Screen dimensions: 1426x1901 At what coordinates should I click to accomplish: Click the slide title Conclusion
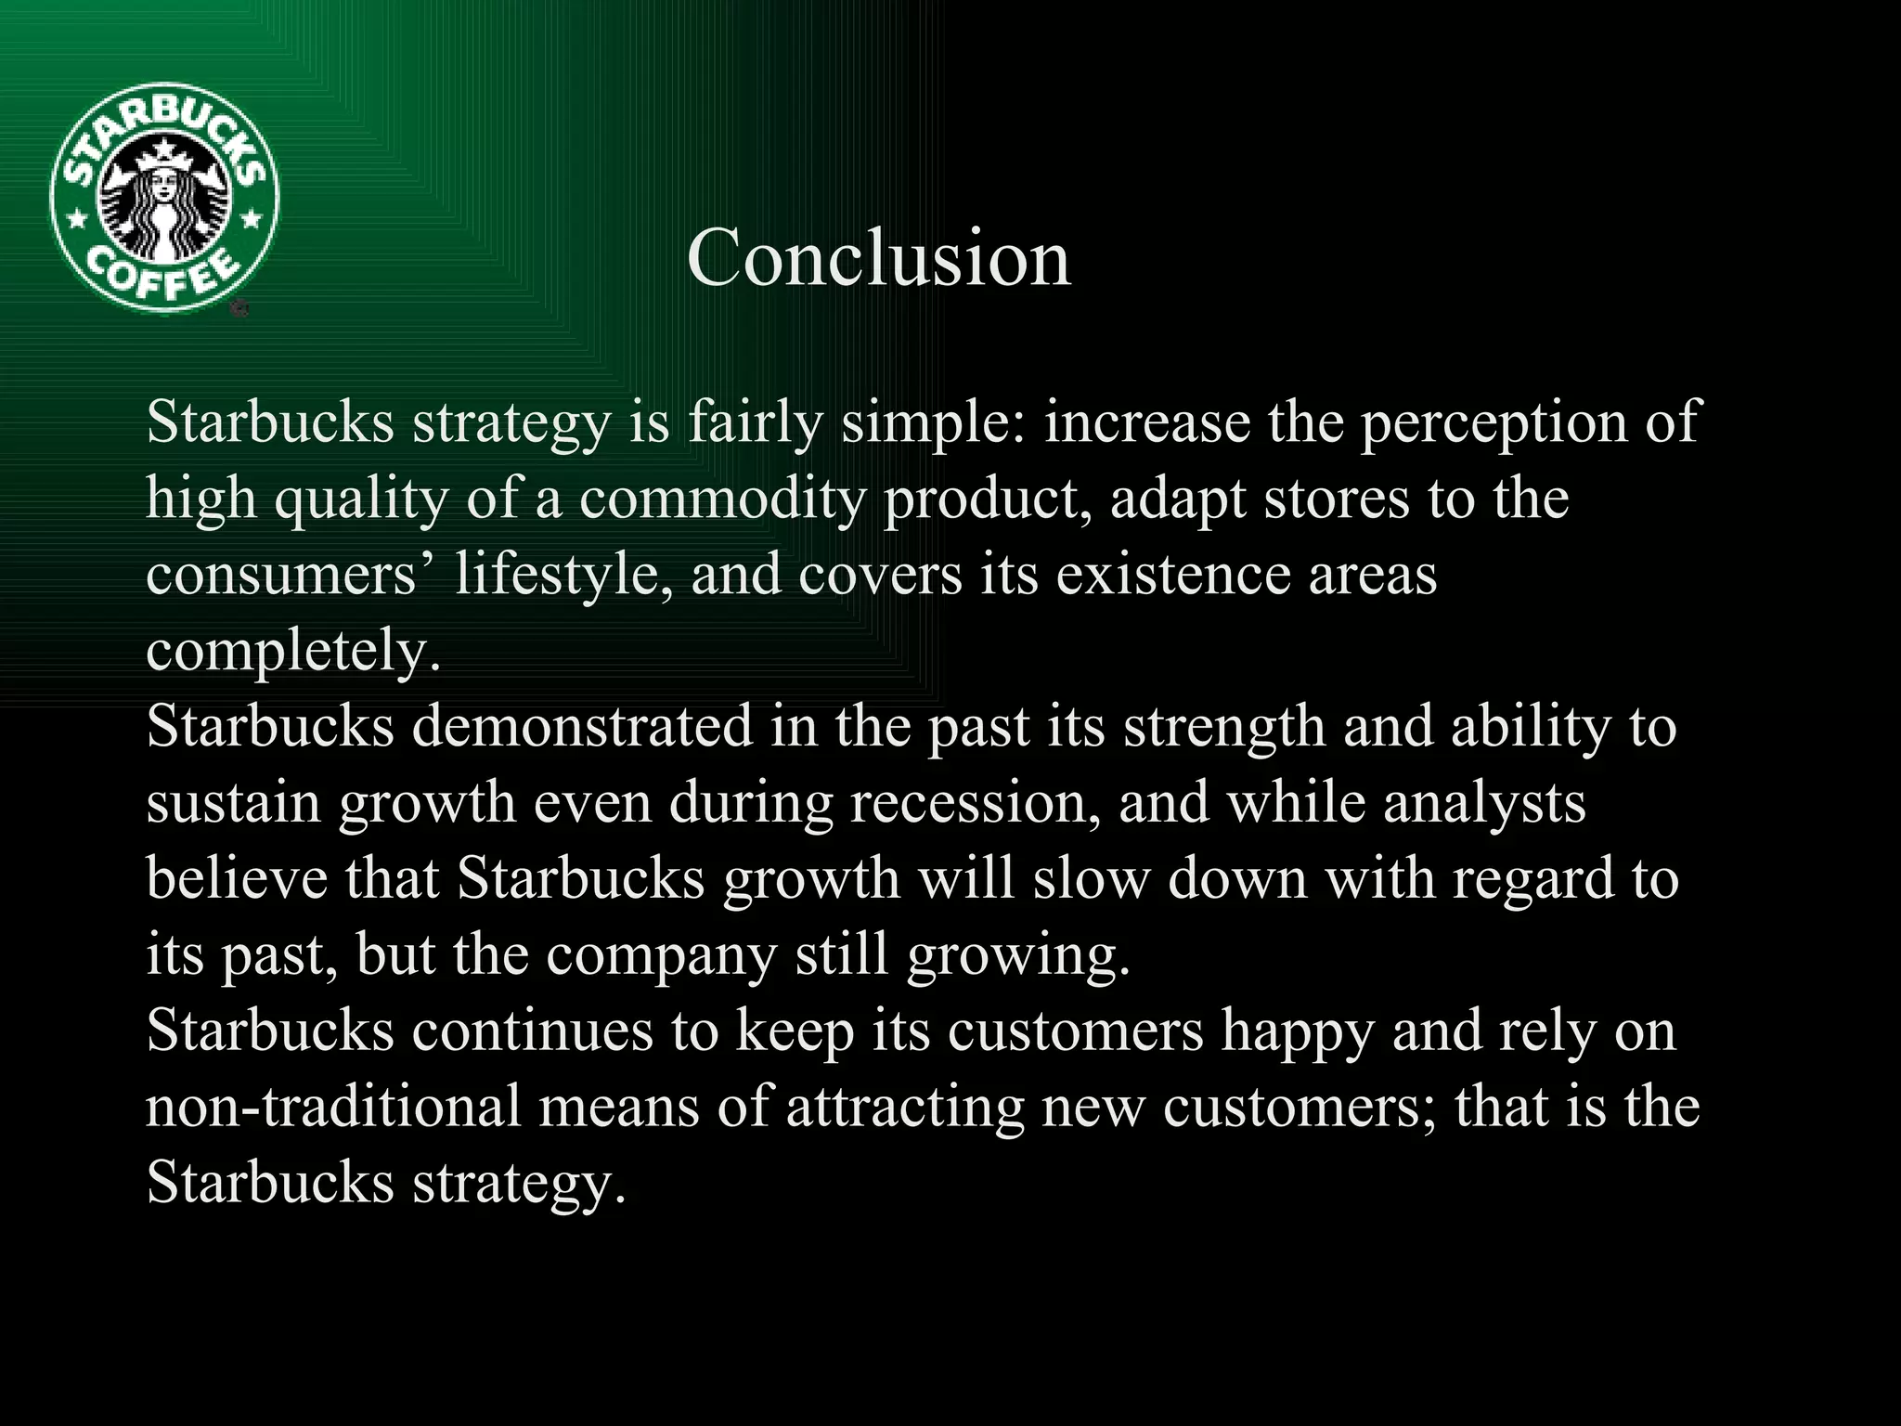click(878, 257)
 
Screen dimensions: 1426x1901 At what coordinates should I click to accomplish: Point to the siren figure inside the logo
click(164, 199)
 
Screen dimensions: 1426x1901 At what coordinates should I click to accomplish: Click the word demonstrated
click(582, 726)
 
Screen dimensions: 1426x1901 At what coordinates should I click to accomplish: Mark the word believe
click(237, 878)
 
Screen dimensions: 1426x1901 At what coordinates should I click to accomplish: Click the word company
click(661, 954)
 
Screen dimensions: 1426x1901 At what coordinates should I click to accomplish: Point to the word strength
click(1224, 726)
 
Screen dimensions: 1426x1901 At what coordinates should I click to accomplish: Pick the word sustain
click(233, 802)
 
